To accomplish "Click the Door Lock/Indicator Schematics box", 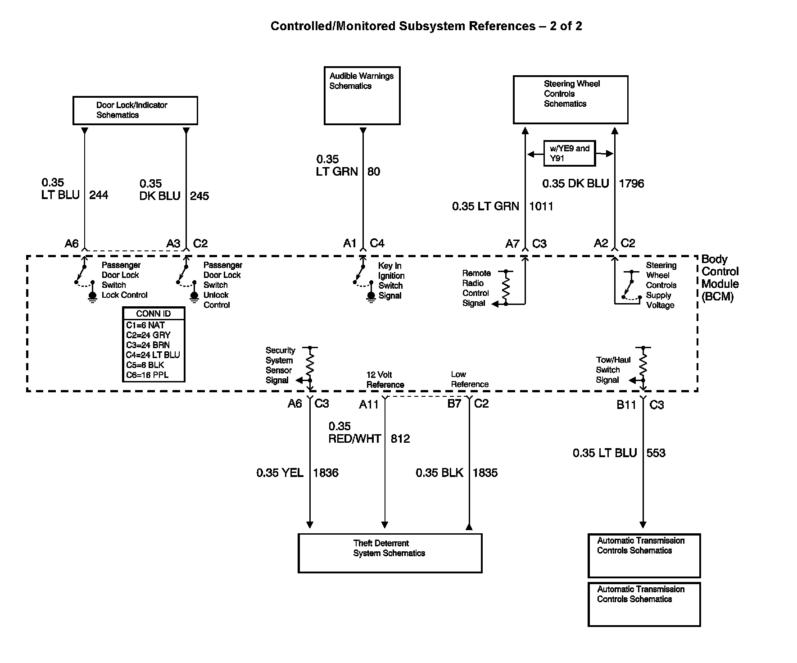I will point(135,110).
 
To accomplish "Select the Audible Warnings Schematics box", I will point(362,95).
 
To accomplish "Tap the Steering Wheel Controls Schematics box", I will point(571,100).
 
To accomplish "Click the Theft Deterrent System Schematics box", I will point(390,553).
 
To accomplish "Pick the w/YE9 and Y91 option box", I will point(569,154).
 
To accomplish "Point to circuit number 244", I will point(99,195).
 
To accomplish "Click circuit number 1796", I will point(631,184).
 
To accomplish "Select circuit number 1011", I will point(541,206).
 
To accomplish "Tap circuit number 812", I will point(400,439).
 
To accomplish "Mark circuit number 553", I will point(656,453).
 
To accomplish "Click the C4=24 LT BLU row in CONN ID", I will point(153,355).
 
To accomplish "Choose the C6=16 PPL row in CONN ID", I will point(147,375).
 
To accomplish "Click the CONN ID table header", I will point(154,314).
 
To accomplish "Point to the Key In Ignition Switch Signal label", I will point(391,281).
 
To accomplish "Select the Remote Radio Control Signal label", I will point(476,288).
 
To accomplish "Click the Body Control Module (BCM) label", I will point(720,278).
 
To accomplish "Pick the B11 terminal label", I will point(626,405).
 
